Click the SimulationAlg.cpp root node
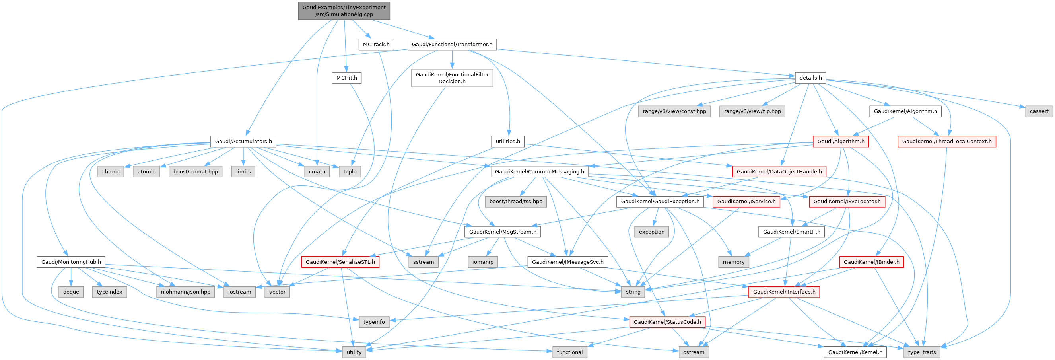344,11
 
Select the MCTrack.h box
376,44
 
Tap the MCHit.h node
346,78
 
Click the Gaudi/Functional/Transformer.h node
452,44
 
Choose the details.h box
810,78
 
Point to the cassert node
1039,111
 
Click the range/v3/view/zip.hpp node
752,111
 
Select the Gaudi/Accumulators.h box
243,141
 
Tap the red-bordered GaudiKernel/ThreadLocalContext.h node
947,141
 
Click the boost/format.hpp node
195,171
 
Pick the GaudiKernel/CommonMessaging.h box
539,171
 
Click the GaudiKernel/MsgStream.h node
503,232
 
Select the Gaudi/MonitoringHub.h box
71,262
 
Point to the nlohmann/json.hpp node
186,292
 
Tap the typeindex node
110,292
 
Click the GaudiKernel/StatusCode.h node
667,322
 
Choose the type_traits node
922,352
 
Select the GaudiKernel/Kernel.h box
855,352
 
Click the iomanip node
483,262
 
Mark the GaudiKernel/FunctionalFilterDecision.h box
452,78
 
